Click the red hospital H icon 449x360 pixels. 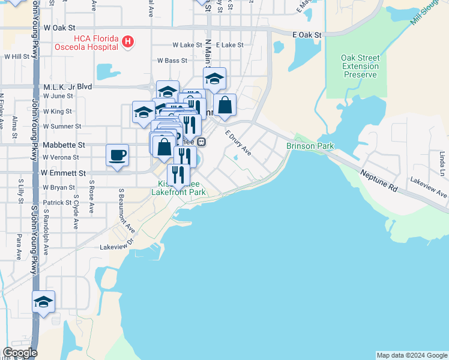pos(127,41)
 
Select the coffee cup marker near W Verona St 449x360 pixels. pos(117,155)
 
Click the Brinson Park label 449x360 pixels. pos(310,146)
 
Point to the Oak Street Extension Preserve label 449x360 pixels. pos(360,66)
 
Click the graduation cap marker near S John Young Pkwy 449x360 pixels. pos(43,301)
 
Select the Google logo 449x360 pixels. pos(20,353)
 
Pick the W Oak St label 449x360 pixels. pos(59,28)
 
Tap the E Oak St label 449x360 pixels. pos(307,35)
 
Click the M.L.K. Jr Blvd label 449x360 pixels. pos(68,86)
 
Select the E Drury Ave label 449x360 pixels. pos(238,144)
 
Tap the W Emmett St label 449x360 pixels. pos(63,173)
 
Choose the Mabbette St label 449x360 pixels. pos(64,145)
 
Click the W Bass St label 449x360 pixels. pos(172,61)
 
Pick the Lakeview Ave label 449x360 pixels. pos(429,187)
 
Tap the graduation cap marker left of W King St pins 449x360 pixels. pos(143,112)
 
